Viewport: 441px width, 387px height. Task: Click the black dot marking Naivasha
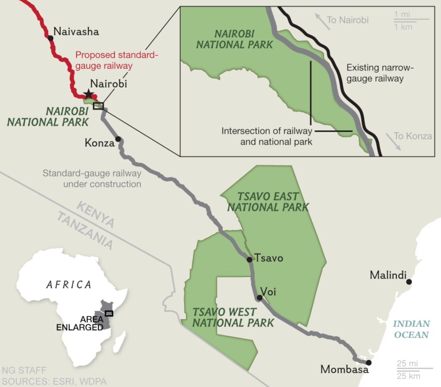51,38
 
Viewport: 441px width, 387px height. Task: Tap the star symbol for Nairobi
88,94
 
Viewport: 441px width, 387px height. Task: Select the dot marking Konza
118,139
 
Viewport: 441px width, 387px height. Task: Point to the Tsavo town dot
249,259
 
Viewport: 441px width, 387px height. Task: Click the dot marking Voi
259,297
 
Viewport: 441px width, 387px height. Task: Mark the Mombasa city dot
369,362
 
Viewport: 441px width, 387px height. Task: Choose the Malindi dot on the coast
409,281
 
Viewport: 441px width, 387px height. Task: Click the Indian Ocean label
411,329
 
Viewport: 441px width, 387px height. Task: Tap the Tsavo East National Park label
268,202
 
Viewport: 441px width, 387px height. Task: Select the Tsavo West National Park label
233,317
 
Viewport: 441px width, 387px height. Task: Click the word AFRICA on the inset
69,284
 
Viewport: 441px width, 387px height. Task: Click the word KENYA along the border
96,214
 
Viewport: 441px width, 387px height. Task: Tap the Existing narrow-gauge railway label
375,73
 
